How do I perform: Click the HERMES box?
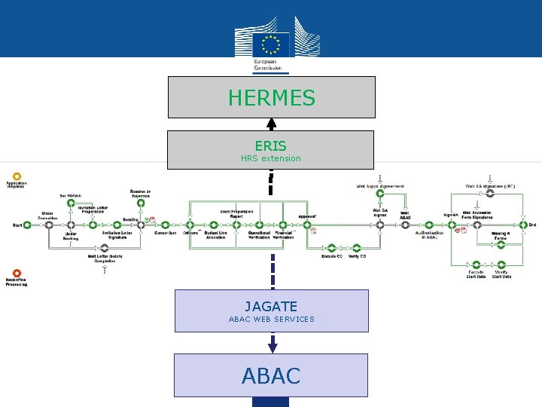[271, 97]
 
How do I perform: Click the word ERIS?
[270, 145]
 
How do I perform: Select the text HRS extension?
[270, 158]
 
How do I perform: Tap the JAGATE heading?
[271, 307]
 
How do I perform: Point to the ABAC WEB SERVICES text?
[271, 319]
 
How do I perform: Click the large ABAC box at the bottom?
[271, 375]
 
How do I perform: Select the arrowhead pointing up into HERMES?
[271, 123]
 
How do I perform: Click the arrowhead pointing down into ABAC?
[273, 347]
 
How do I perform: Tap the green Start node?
[27, 225]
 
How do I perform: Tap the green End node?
[522, 225]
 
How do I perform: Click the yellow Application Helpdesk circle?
[17, 176]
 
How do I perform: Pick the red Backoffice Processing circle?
[17, 273]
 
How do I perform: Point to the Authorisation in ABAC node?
[429, 225]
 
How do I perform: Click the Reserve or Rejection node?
[140, 203]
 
